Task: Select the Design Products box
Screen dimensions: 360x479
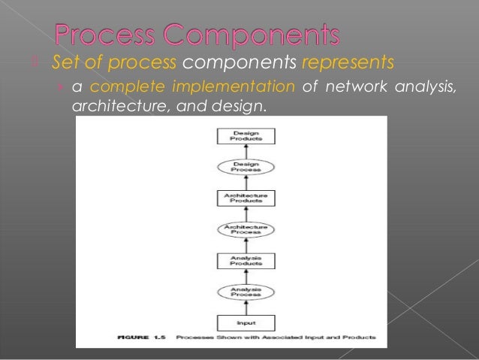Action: point(246,136)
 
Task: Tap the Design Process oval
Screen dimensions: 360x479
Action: point(246,167)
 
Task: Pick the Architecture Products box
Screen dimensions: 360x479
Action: point(246,198)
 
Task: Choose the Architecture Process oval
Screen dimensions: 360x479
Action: point(246,230)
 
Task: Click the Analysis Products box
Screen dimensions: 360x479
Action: point(246,262)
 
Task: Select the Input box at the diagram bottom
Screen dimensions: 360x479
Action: point(246,323)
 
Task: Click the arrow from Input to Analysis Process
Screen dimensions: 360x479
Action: point(246,309)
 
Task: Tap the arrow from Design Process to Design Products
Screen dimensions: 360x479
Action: point(246,151)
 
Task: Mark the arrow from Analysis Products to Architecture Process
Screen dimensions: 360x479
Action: point(246,246)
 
